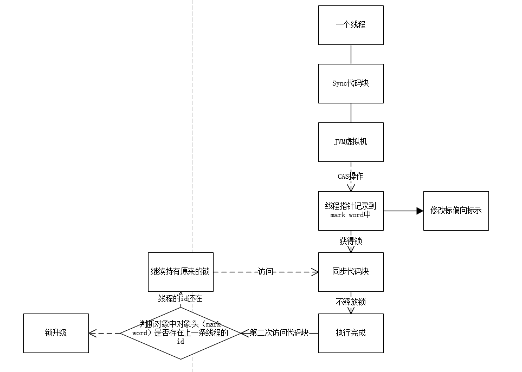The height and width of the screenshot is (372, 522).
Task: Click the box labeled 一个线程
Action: (x=351, y=25)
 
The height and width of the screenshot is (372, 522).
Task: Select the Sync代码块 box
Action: (x=351, y=83)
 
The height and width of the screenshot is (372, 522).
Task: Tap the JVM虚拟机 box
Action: (x=351, y=142)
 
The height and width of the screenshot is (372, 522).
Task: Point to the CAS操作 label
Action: (x=351, y=177)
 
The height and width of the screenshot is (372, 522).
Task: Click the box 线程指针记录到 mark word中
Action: (x=351, y=211)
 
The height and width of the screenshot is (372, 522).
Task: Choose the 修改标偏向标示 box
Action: (x=456, y=211)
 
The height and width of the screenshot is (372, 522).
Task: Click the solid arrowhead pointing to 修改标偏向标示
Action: (x=420, y=211)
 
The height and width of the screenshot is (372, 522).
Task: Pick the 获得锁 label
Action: (x=351, y=242)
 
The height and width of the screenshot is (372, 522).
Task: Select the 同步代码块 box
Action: (x=351, y=272)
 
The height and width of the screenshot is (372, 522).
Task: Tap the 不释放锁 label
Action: (x=351, y=302)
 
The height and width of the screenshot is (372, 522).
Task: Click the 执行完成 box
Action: (x=351, y=333)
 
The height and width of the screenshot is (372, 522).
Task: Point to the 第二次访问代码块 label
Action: (x=279, y=333)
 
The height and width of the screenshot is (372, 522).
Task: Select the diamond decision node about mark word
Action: (x=181, y=333)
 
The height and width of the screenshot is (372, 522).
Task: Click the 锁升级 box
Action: (x=56, y=333)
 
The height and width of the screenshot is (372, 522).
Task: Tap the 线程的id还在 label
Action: (x=181, y=298)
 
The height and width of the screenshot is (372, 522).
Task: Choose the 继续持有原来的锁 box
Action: (x=181, y=272)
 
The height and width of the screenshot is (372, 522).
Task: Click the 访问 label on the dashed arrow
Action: (x=266, y=272)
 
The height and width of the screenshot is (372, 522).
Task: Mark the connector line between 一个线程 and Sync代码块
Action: (x=351, y=54)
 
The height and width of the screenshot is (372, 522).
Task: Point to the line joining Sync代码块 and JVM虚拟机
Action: (x=351, y=113)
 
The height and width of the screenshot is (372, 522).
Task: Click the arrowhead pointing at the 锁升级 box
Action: (x=93, y=333)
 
